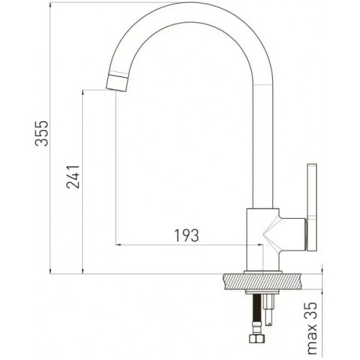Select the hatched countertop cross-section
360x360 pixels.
[x=264, y=282]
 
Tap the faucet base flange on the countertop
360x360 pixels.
[x=264, y=271]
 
